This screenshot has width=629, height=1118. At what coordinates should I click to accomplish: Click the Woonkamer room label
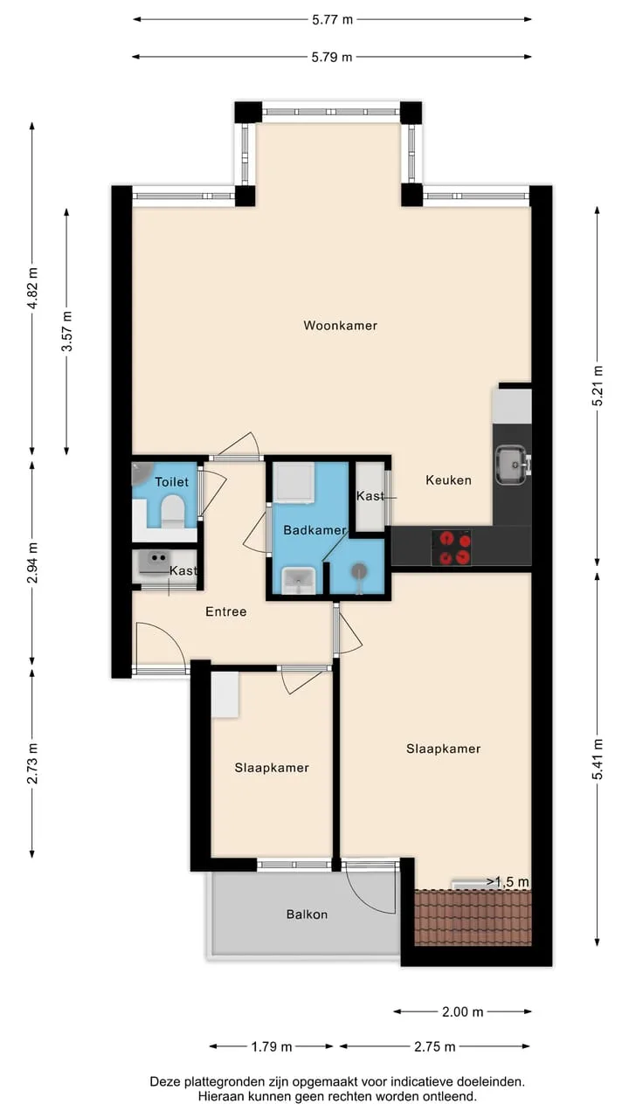click(340, 326)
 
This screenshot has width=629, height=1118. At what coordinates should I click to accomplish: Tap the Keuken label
click(448, 480)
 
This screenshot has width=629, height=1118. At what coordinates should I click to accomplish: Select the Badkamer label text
click(314, 530)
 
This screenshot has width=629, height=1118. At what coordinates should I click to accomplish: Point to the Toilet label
click(172, 482)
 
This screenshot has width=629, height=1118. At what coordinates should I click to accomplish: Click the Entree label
click(226, 611)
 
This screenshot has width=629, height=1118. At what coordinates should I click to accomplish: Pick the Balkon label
click(307, 914)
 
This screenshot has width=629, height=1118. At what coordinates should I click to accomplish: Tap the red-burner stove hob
click(452, 548)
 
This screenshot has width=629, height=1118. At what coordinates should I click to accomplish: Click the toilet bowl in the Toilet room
click(173, 511)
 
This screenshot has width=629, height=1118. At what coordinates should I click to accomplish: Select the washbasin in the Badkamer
click(299, 581)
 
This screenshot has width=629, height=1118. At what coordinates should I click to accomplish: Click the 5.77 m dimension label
click(332, 20)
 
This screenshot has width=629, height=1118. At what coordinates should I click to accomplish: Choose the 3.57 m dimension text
click(67, 331)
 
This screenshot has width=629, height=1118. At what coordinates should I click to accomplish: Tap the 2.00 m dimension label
click(463, 1011)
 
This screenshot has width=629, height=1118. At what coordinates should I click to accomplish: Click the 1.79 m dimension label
click(271, 1046)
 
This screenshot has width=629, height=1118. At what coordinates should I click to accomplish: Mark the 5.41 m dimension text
click(598, 759)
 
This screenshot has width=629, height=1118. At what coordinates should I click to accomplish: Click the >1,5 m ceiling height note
click(508, 882)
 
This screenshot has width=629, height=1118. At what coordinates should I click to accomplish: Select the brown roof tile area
click(473, 917)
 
